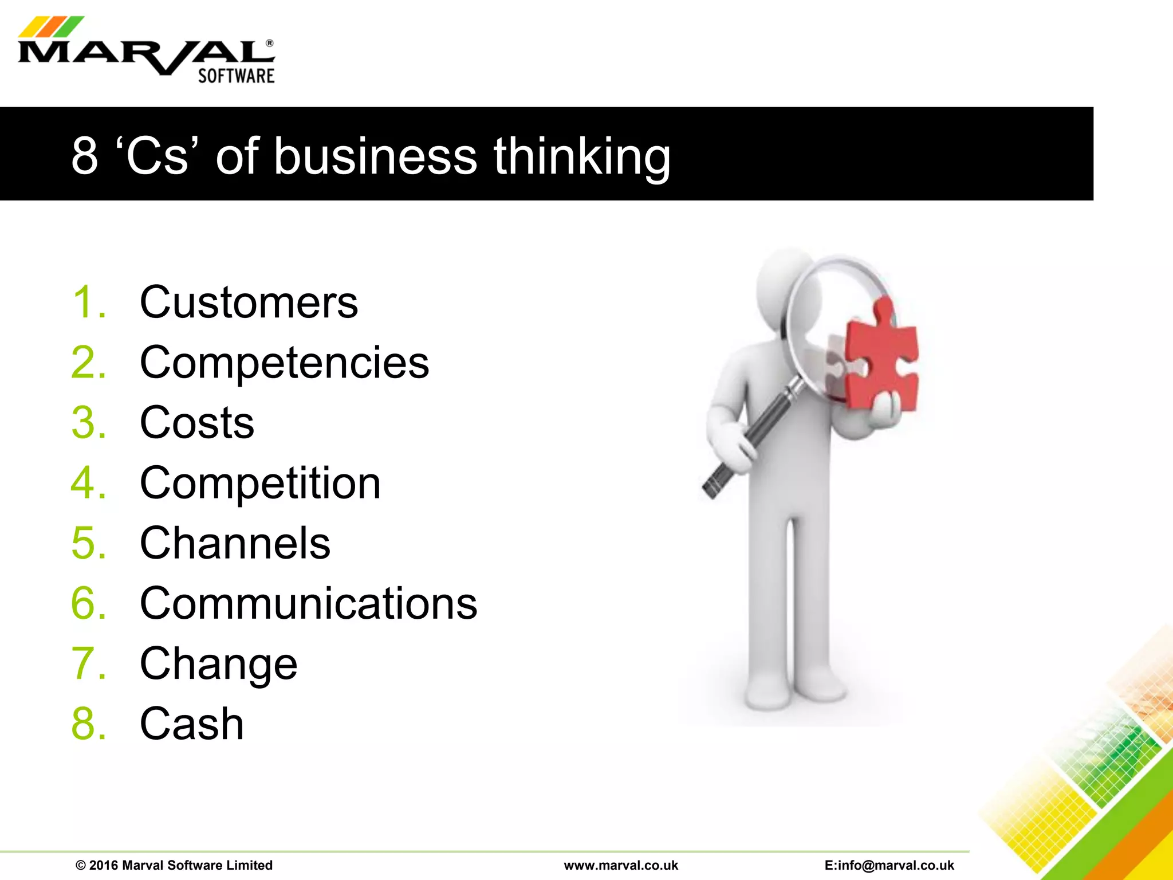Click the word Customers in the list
point(249,302)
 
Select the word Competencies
point(284,363)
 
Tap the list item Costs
point(197,423)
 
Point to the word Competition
point(260,483)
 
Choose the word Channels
point(235,543)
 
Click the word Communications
point(308,603)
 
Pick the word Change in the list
point(218,663)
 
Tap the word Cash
point(192,724)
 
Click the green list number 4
point(88,483)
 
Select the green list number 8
point(88,724)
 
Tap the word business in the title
point(375,156)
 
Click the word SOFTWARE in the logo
point(236,76)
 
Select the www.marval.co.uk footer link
point(621,865)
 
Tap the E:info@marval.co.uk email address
point(889,865)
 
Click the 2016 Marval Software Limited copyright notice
point(174,865)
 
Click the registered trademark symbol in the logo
point(270,44)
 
